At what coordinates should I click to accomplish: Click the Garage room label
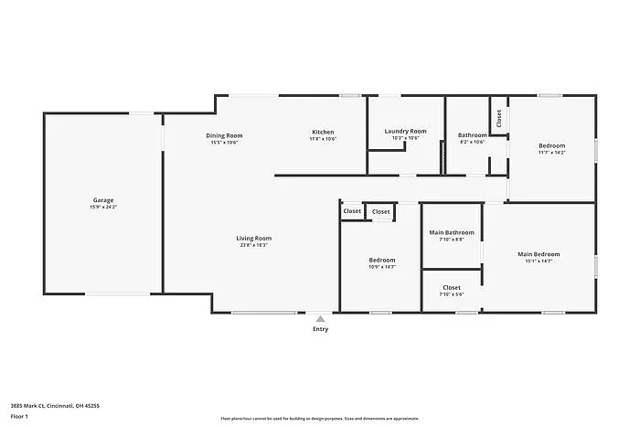coord(103,200)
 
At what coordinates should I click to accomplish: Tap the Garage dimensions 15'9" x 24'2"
coord(103,208)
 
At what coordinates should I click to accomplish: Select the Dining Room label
coord(224,135)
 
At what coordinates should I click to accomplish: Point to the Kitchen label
coord(323,133)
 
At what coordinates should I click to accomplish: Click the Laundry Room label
coord(405,132)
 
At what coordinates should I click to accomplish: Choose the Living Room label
coord(254,238)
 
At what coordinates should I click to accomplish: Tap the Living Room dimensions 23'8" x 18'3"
coord(254,245)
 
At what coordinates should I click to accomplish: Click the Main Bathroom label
coord(452,232)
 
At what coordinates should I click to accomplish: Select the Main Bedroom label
coord(539,254)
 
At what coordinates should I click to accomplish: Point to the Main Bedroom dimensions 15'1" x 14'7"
coord(539,262)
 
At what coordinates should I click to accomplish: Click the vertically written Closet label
coord(499,117)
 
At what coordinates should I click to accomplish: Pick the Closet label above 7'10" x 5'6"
coord(452,287)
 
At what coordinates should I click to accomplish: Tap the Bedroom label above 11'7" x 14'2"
coord(551,145)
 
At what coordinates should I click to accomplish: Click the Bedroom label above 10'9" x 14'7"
coord(382,260)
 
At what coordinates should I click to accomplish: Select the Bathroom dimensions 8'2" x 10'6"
coord(472,142)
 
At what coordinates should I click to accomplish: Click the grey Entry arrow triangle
coord(320,319)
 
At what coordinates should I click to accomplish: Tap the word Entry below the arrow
coord(320,329)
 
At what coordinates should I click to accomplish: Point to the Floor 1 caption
coord(20,416)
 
